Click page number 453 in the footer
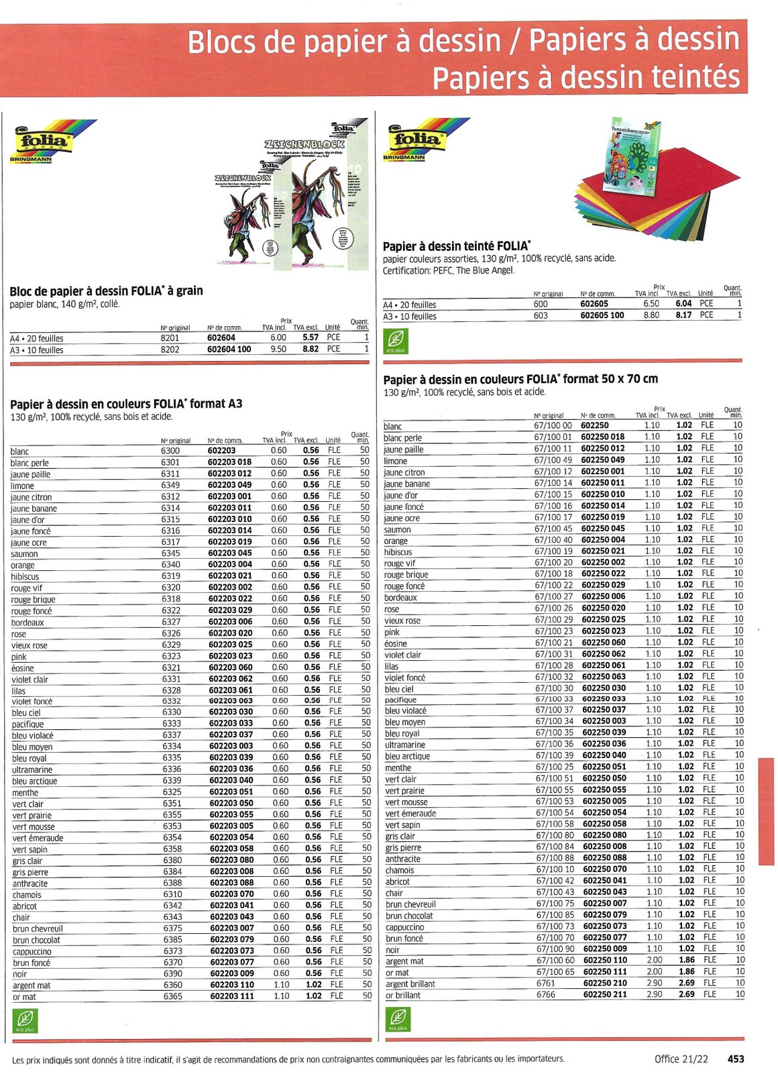click(x=736, y=1059)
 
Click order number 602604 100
click(x=229, y=350)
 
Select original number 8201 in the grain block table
click(x=170, y=338)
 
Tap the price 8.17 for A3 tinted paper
click(x=683, y=315)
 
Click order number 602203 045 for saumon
click(x=230, y=553)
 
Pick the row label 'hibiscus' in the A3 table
click(x=25, y=577)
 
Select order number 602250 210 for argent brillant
click(x=605, y=983)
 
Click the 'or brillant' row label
click(x=403, y=996)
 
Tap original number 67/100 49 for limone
click(x=553, y=460)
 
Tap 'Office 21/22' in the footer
click(x=681, y=1059)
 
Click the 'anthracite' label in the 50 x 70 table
click(x=403, y=859)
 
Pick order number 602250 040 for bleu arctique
click(x=604, y=755)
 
